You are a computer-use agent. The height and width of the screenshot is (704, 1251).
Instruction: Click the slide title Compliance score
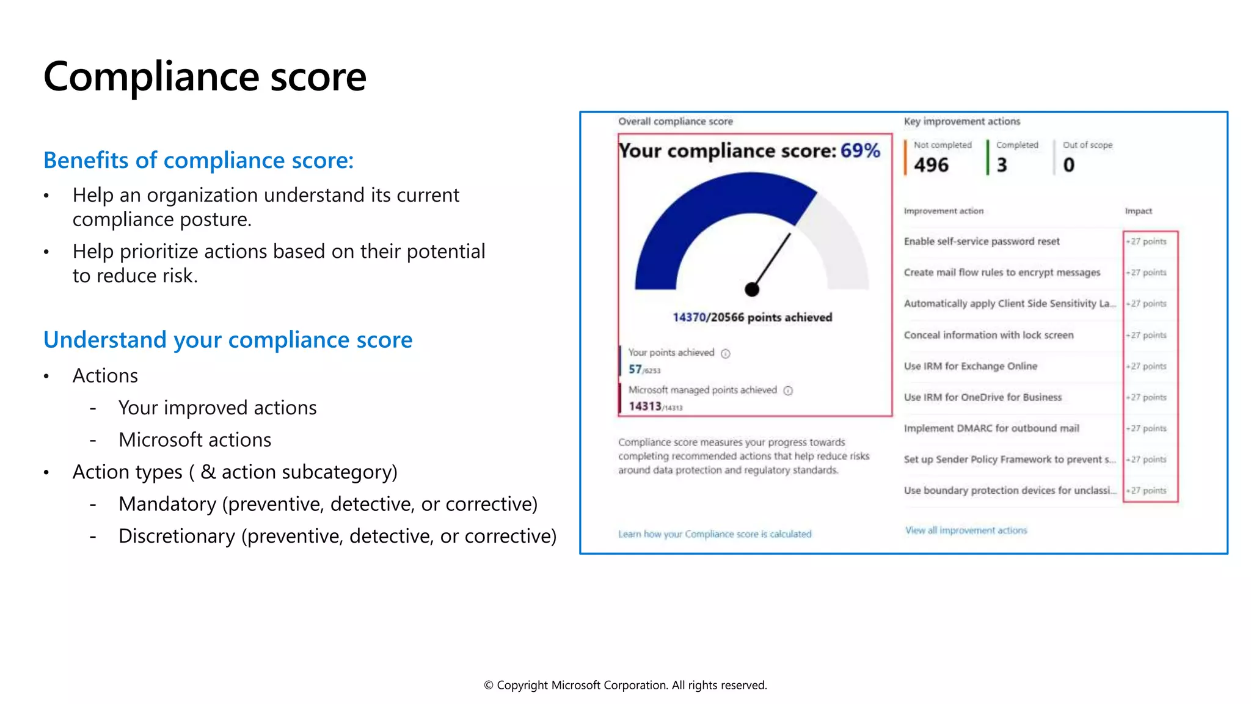tap(205, 77)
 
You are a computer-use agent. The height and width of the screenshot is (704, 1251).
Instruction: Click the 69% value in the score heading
tap(860, 150)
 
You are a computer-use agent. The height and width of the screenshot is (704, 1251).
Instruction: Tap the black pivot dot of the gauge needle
tap(752, 290)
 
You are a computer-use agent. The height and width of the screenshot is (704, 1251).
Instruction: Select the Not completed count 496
tap(931, 165)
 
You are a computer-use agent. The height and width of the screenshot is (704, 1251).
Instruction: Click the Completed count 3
tap(1002, 165)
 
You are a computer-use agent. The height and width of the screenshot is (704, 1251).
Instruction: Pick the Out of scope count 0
tap(1068, 165)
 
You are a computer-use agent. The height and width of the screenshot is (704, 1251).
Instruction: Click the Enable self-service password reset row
tap(982, 241)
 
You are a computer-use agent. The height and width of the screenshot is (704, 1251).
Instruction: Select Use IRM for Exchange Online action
tap(971, 366)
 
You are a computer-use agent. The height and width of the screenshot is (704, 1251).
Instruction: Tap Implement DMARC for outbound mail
tap(991, 428)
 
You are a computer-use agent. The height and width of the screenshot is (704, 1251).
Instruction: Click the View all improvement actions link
tap(966, 530)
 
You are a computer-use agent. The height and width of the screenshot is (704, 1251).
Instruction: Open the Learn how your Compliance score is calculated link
tap(715, 534)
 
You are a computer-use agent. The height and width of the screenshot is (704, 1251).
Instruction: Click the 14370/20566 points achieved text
tap(752, 317)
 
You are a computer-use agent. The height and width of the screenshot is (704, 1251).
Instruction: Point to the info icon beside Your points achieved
tap(725, 353)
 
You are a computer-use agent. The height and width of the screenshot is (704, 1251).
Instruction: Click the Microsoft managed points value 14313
tap(645, 406)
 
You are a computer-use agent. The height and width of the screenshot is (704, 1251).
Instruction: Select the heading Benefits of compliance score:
tap(199, 160)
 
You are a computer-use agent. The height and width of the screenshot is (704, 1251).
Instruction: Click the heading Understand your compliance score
tap(228, 340)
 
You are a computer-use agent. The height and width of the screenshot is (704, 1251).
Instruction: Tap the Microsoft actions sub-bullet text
tap(195, 440)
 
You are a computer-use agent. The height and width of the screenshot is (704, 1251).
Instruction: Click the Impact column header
tap(1138, 211)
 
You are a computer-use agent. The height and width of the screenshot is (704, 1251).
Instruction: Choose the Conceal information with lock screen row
tap(988, 335)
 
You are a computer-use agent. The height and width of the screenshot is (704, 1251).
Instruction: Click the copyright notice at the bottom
tap(625, 685)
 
